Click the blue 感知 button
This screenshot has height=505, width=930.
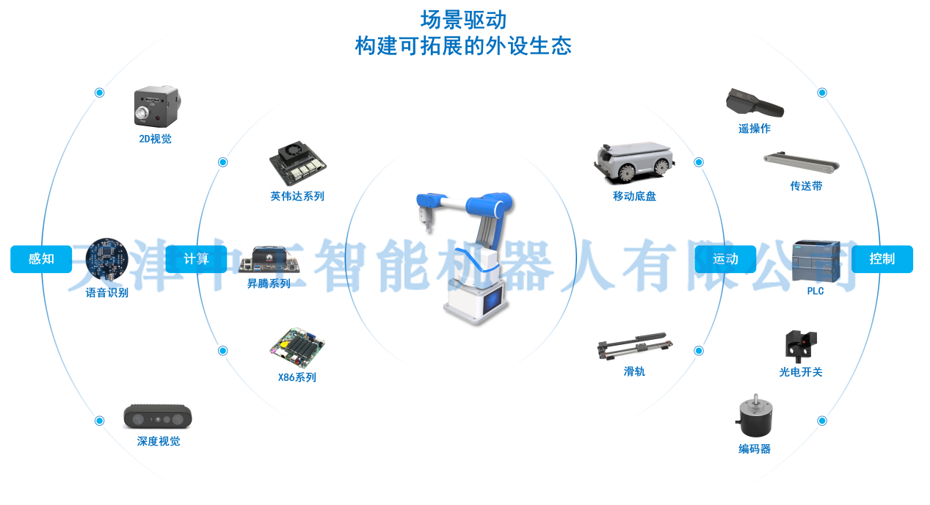(41, 258)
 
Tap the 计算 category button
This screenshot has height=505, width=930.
(196, 258)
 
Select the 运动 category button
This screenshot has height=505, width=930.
(725, 258)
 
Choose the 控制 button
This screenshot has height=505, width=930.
(882, 258)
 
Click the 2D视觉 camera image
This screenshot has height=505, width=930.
(157, 106)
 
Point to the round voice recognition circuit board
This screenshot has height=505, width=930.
(106, 260)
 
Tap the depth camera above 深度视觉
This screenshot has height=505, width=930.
(158, 416)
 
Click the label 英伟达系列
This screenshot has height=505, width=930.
(297, 196)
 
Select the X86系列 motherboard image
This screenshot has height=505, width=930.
(297, 348)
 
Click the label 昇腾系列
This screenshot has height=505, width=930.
(269, 283)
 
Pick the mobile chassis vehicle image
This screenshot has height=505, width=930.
(634, 163)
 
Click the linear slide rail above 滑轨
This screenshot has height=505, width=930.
(635, 346)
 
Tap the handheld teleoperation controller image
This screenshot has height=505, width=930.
(755, 103)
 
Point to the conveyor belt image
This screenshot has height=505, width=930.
(802, 163)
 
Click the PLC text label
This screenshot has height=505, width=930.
(815, 291)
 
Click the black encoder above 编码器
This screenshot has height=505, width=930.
(755, 415)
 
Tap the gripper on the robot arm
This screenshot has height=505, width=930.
(426, 219)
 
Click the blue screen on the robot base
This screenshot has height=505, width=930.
(493, 300)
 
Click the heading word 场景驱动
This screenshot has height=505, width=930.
(464, 20)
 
